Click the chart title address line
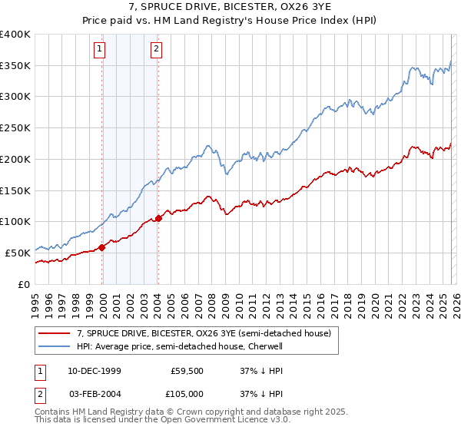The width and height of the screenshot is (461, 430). (230, 6)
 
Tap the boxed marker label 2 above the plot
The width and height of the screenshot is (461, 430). (157, 50)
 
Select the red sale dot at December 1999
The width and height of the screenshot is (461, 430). (102, 247)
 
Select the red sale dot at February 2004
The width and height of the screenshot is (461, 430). (158, 219)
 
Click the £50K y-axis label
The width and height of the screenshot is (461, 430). (17, 253)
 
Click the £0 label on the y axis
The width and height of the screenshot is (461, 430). (23, 284)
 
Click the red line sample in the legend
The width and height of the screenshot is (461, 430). (55, 334)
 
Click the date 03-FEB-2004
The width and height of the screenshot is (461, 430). (89, 393)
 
